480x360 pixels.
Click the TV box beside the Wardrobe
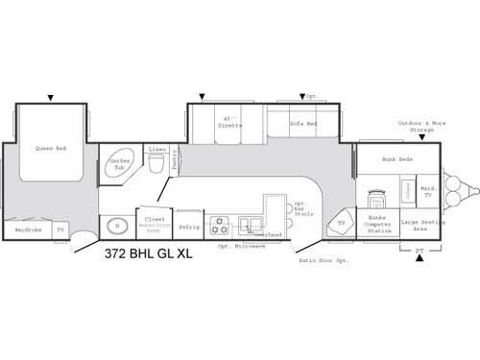click(x=60, y=229)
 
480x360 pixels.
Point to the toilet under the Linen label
click(x=156, y=165)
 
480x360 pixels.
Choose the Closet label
click(x=153, y=220)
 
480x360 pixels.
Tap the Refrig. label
click(x=189, y=228)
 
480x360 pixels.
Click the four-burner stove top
click(x=221, y=227)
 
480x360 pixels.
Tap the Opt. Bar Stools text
click(x=300, y=209)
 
